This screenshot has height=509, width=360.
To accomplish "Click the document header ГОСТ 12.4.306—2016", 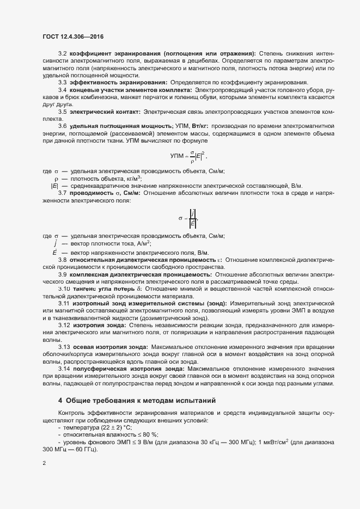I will tap(72, 36).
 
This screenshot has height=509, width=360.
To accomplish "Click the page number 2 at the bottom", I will tap(44, 464).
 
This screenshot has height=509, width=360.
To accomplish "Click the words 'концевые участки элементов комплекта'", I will tap(131, 89).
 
